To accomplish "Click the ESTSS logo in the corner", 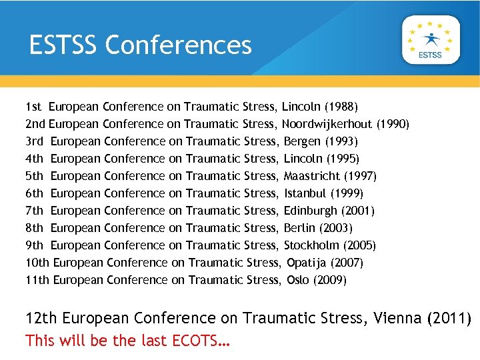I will tap(430, 39).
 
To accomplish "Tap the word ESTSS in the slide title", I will tap(63, 45).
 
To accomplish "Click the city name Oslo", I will tap(298, 280).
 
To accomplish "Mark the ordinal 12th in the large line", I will tap(41, 318).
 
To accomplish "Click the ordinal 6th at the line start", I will tap(34, 193).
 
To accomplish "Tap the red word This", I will tap(40, 341).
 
